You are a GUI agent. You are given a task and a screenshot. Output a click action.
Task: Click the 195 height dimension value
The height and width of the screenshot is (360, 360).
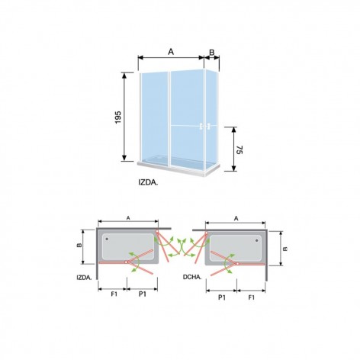(118, 117)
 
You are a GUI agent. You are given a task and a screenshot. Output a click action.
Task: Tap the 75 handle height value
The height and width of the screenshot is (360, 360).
(239, 150)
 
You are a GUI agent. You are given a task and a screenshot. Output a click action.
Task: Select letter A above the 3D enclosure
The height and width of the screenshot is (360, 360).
(171, 52)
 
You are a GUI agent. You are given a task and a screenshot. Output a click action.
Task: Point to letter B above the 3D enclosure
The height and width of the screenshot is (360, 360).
(212, 52)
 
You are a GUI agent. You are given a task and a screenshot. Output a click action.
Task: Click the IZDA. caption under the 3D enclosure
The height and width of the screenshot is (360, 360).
(148, 182)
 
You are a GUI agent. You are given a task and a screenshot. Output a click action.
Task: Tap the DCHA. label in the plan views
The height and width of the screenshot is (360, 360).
(192, 277)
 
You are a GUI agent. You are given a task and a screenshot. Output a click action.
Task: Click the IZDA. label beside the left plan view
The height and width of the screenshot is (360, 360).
(84, 278)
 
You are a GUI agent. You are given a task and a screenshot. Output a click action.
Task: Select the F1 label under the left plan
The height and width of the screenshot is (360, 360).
(114, 294)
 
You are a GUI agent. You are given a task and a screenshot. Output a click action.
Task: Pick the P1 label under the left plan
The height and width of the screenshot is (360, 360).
(143, 294)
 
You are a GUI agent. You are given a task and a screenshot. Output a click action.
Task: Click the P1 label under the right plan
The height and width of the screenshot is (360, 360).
(222, 297)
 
